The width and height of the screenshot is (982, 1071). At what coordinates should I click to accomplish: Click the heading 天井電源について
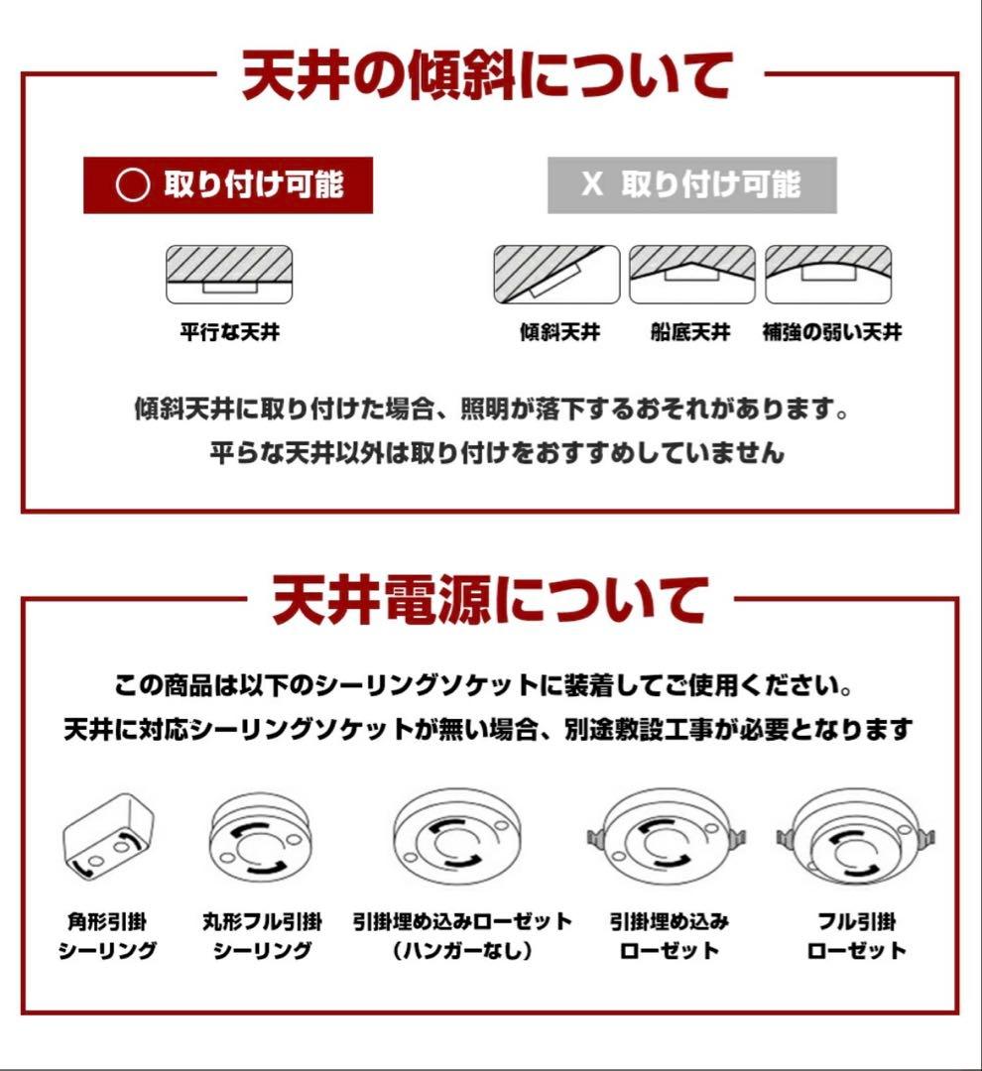(490, 601)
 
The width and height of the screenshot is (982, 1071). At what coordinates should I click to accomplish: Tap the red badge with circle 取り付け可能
(228, 185)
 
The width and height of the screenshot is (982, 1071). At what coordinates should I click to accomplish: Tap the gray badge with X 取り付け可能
(691, 185)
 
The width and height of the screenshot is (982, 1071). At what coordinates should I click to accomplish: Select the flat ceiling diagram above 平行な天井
(228, 275)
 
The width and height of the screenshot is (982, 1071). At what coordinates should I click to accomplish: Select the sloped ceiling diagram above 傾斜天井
(556, 275)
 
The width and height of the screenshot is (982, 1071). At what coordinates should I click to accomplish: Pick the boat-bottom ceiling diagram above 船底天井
(691, 275)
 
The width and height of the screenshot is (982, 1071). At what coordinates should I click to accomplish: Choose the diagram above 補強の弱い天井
(828, 275)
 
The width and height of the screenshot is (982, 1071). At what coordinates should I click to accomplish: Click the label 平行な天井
(229, 333)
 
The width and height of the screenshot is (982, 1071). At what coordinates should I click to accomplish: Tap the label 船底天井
(691, 333)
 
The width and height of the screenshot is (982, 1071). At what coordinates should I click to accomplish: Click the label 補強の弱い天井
(831, 333)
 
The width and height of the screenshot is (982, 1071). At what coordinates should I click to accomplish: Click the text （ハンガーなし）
(462, 951)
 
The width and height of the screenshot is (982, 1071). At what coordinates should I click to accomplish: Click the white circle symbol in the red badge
(132, 186)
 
